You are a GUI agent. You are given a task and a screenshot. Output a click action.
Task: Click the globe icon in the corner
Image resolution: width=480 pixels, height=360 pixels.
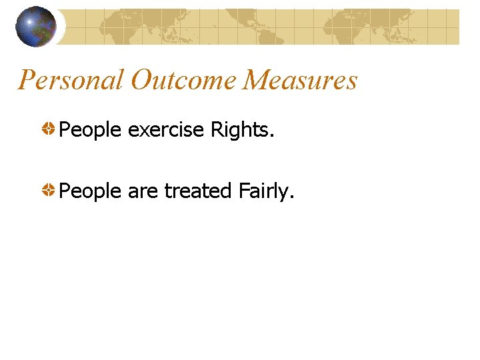pyautogui.click(x=36, y=26)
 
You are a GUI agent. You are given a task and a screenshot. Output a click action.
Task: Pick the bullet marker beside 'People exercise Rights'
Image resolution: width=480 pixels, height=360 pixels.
pyautogui.click(x=49, y=129)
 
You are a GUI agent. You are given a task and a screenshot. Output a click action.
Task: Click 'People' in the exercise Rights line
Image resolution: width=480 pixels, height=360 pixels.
pyautogui.click(x=90, y=130)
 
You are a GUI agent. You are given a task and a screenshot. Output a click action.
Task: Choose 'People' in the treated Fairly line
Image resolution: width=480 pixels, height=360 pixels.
pyautogui.click(x=90, y=192)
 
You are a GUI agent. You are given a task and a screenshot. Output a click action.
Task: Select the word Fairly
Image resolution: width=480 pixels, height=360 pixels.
pyautogui.click(x=263, y=192)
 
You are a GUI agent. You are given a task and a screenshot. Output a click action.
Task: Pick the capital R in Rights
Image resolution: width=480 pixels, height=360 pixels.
pyautogui.click(x=217, y=130)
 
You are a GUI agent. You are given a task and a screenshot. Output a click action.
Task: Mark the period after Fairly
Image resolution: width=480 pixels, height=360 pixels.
pyautogui.click(x=291, y=197)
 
